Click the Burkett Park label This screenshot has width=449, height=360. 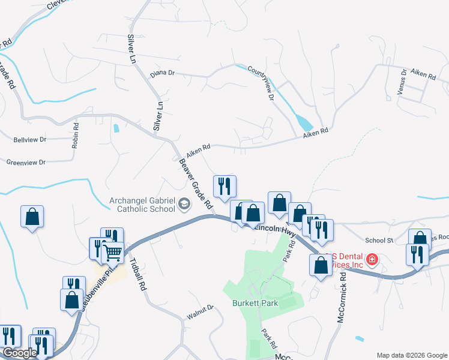click(x=255, y=303)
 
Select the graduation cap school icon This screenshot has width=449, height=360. click(x=184, y=206)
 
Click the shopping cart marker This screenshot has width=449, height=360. click(x=112, y=253)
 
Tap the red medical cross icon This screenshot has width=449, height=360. click(x=372, y=260)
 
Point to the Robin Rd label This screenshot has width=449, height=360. click(x=76, y=136)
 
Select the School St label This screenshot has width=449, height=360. click(x=378, y=240)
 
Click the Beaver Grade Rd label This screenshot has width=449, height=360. click(x=196, y=183)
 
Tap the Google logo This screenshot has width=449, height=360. click(x=20, y=353)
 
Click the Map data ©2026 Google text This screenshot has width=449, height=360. click(x=411, y=355)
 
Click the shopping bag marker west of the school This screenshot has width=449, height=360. click(x=32, y=218)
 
